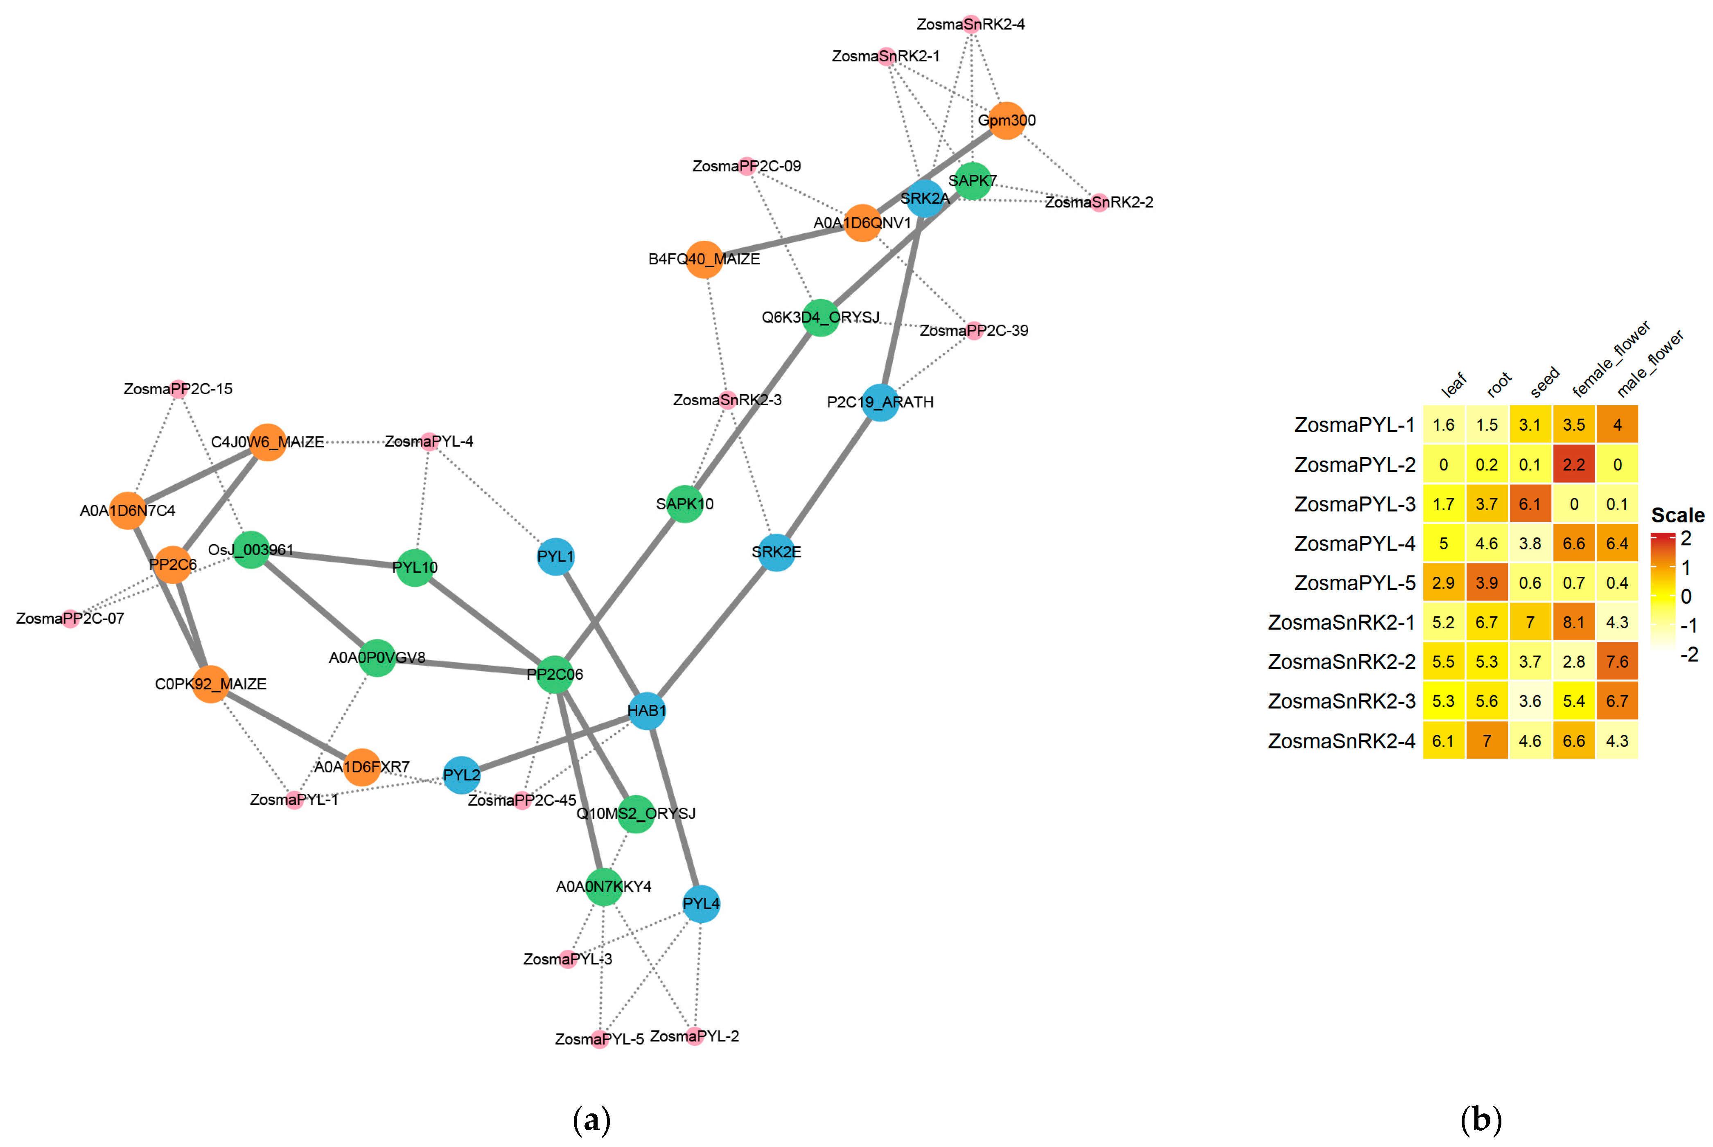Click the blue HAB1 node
[647, 710]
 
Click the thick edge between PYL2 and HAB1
[554, 743]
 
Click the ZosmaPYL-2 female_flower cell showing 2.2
[1573, 465]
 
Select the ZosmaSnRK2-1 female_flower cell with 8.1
[1573, 623]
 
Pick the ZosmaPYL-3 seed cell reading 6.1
[1529, 504]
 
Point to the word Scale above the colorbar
[1677, 516]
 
